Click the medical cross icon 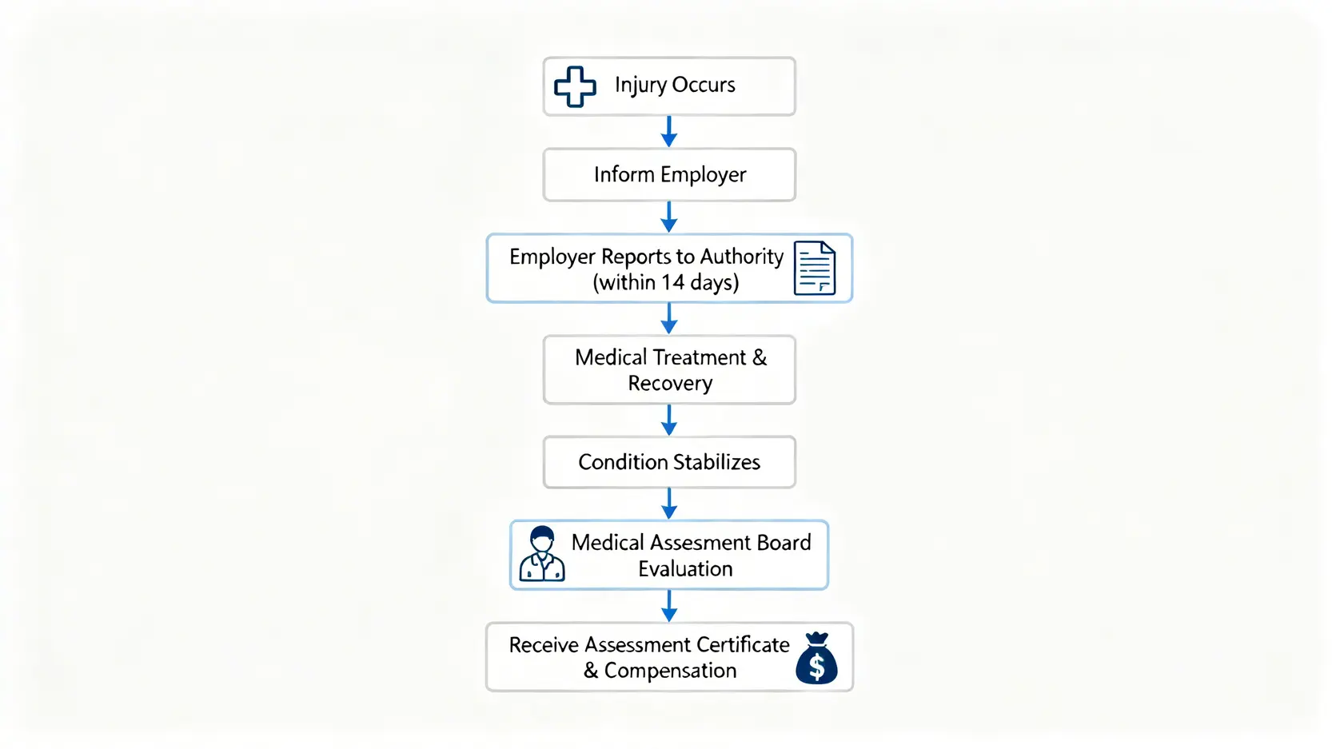[x=575, y=86]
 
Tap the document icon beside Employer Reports [x=814, y=268]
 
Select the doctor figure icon [x=542, y=554]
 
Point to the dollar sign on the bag [x=816, y=666]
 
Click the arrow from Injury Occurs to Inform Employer [x=669, y=132]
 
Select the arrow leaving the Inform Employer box [x=669, y=217]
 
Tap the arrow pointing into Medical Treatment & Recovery [x=669, y=318]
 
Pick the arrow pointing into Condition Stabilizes [x=669, y=420]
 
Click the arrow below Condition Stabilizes [x=669, y=504]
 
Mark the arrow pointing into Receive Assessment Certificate [x=669, y=606]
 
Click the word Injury [x=640, y=86]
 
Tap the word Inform [x=624, y=174]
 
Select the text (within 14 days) [x=665, y=282]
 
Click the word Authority [x=741, y=257]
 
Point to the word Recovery [x=670, y=384]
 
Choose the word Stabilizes [x=716, y=462]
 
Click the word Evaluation [x=685, y=568]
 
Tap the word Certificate [x=743, y=644]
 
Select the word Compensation [x=670, y=671]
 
